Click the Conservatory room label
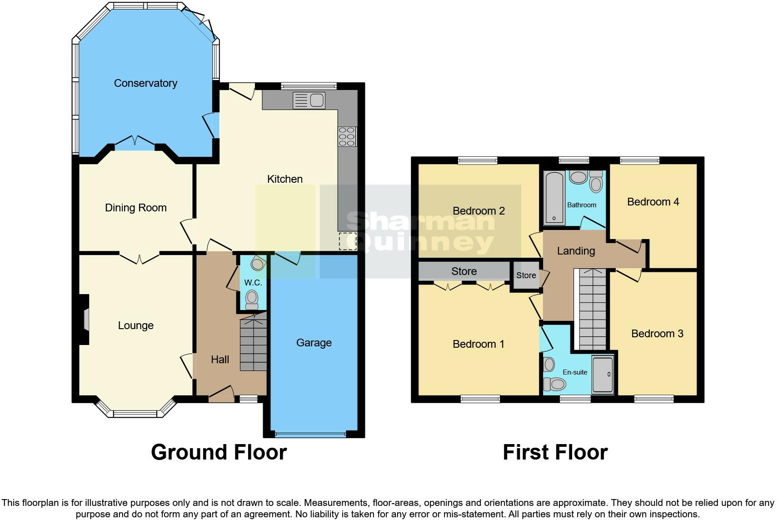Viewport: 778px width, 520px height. (145, 83)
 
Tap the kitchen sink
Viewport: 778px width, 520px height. (309, 100)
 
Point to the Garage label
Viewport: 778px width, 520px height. (314, 343)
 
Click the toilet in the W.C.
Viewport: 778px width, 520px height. (252, 300)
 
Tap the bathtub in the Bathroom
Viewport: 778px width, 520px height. (554, 198)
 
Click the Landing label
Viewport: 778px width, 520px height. (576, 251)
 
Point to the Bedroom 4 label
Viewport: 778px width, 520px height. (653, 202)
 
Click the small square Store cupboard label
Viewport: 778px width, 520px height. (526, 275)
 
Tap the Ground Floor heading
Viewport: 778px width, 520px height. (219, 452)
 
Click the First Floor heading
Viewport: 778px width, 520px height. (555, 452)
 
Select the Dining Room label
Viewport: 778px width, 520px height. (135, 208)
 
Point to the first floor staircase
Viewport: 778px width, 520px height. (593, 309)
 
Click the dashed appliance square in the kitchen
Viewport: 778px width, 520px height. (348, 241)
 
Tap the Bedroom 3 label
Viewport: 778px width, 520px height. (657, 334)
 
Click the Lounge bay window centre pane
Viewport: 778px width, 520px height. (135, 413)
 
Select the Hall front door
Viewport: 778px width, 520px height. (221, 394)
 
